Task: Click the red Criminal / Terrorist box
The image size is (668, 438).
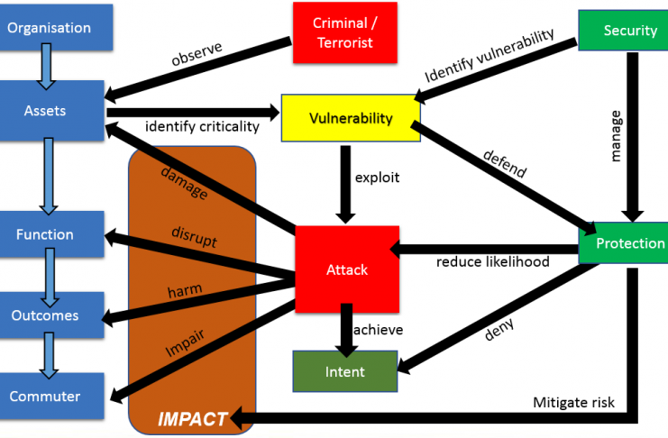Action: [344, 32]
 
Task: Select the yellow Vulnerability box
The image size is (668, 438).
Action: [351, 118]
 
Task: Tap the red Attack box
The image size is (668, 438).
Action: [347, 269]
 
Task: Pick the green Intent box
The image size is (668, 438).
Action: [344, 372]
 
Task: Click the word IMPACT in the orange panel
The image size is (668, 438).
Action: [193, 419]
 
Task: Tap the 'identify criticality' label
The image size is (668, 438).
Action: [202, 127]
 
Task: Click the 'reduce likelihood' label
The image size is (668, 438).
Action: [492, 262]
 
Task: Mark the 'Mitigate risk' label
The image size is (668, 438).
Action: [573, 402]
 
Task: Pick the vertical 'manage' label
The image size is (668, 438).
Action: [616, 135]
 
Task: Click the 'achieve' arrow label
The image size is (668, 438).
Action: [378, 330]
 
